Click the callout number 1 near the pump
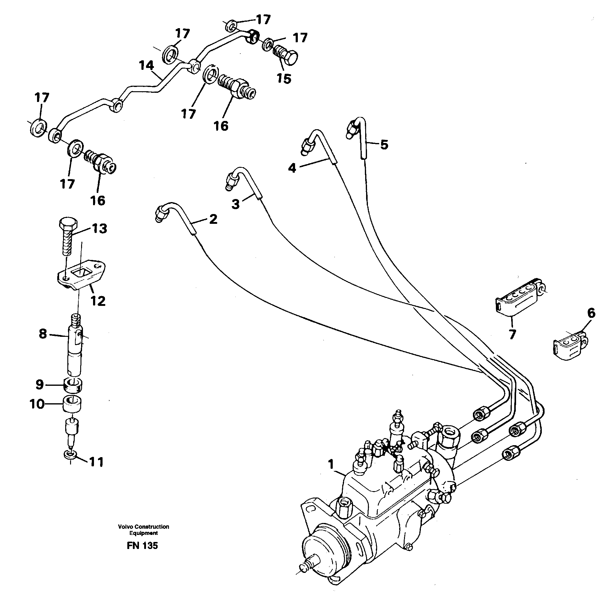point(331,464)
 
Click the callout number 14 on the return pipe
point(147,66)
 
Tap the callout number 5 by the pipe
point(384,145)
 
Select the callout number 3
point(235,204)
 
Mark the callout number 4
point(292,168)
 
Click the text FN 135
point(142,546)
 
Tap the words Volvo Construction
point(144,527)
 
